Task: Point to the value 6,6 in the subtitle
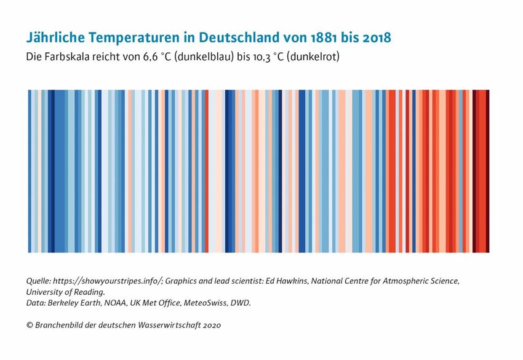[150, 57]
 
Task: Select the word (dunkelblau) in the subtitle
[204, 57]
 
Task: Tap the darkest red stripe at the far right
[487, 171]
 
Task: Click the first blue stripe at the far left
[30, 171]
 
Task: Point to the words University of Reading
[65, 292]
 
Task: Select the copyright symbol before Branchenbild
[30, 325]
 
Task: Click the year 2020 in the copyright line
[212, 325]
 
